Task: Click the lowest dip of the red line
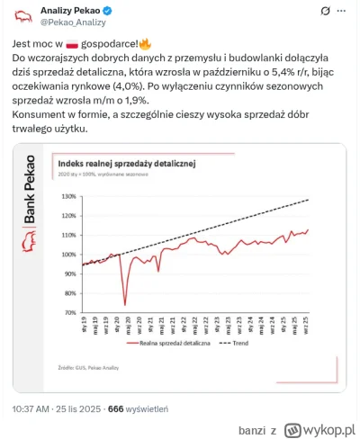click(x=124, y=305)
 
